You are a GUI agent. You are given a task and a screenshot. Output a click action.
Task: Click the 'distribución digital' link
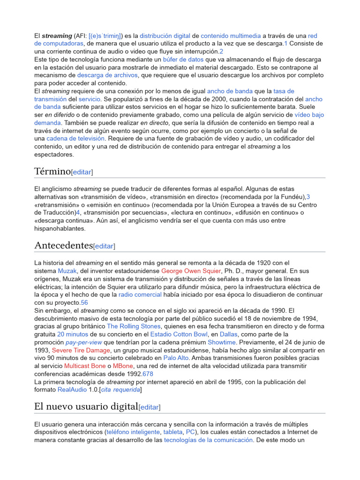click(165, 36)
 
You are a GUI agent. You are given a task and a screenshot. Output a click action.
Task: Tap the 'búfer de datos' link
click(183, 60)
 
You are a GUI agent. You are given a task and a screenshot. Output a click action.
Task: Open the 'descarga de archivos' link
click(107, 75)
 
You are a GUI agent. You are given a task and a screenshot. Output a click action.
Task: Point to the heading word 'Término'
click(52, 171)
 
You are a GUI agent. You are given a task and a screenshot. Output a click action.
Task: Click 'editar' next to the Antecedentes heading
click(104, 246)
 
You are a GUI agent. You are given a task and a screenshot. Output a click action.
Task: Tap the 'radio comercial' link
click(140, 294)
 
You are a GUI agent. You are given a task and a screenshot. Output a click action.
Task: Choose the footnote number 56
click(84, 302)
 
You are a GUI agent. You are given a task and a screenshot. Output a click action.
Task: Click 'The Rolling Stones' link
click(134, 326)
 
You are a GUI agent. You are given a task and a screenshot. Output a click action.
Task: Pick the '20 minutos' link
click(73, 334)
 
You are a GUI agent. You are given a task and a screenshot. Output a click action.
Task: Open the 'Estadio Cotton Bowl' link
click(179, 334)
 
